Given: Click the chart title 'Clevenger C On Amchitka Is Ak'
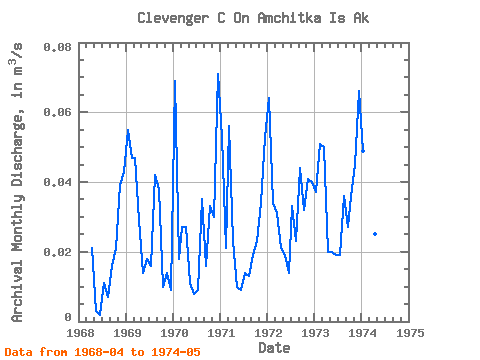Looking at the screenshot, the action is point(253,18).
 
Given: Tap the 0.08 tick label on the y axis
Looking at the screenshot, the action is point(57,47).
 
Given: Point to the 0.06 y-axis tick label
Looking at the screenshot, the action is point(57,112).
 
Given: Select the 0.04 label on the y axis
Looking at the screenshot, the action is point(57,182).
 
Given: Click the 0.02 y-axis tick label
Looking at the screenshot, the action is point(57,252).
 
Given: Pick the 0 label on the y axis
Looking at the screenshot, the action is point(68,317).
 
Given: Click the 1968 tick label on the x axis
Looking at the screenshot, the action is point(80,333).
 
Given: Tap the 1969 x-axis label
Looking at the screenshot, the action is point(127,333).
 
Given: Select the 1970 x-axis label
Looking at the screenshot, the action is point(174,333).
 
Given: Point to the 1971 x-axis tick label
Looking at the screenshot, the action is point(221,333).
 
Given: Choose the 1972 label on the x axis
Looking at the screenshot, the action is point(268,333).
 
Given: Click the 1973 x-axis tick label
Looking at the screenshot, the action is point(315,333).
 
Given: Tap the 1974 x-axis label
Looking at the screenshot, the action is point(362,333).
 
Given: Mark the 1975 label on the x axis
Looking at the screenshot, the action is point(410,333).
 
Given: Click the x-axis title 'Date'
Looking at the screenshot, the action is point(274,348).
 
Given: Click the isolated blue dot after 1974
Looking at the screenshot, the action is point(375,234).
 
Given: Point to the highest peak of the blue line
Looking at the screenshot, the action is point(218,74).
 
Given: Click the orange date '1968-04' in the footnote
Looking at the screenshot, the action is point(99,352).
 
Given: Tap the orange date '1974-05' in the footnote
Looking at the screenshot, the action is point(176,352).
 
